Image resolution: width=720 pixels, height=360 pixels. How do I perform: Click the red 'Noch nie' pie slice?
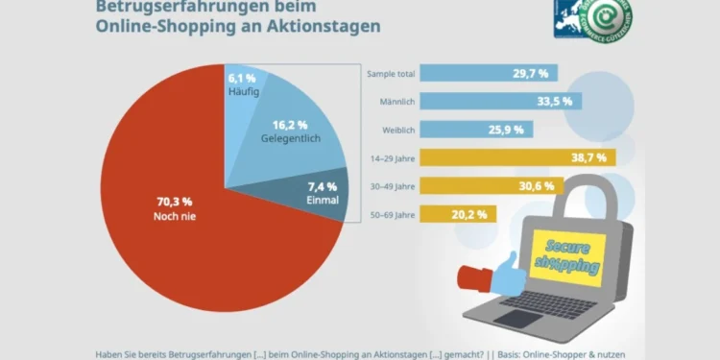[x=163, y=230]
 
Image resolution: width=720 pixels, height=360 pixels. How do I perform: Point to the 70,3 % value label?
[x=174, y=202]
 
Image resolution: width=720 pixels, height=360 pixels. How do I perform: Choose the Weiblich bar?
[x=471, y=129]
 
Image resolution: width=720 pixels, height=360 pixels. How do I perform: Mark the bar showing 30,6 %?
[x=490, y=185]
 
